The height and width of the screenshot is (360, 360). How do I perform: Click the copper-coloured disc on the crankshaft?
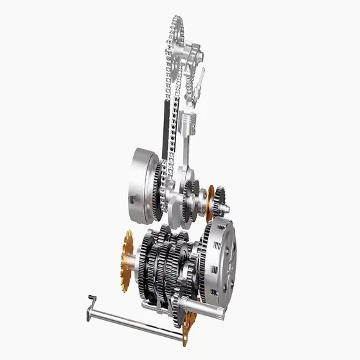pyautogui.click(x=210, y=203)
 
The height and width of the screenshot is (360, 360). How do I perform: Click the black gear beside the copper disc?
pyautogui.click(x=220, y=201)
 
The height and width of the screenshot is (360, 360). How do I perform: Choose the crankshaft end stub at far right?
pyautogui.click(x=227, y=208)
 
